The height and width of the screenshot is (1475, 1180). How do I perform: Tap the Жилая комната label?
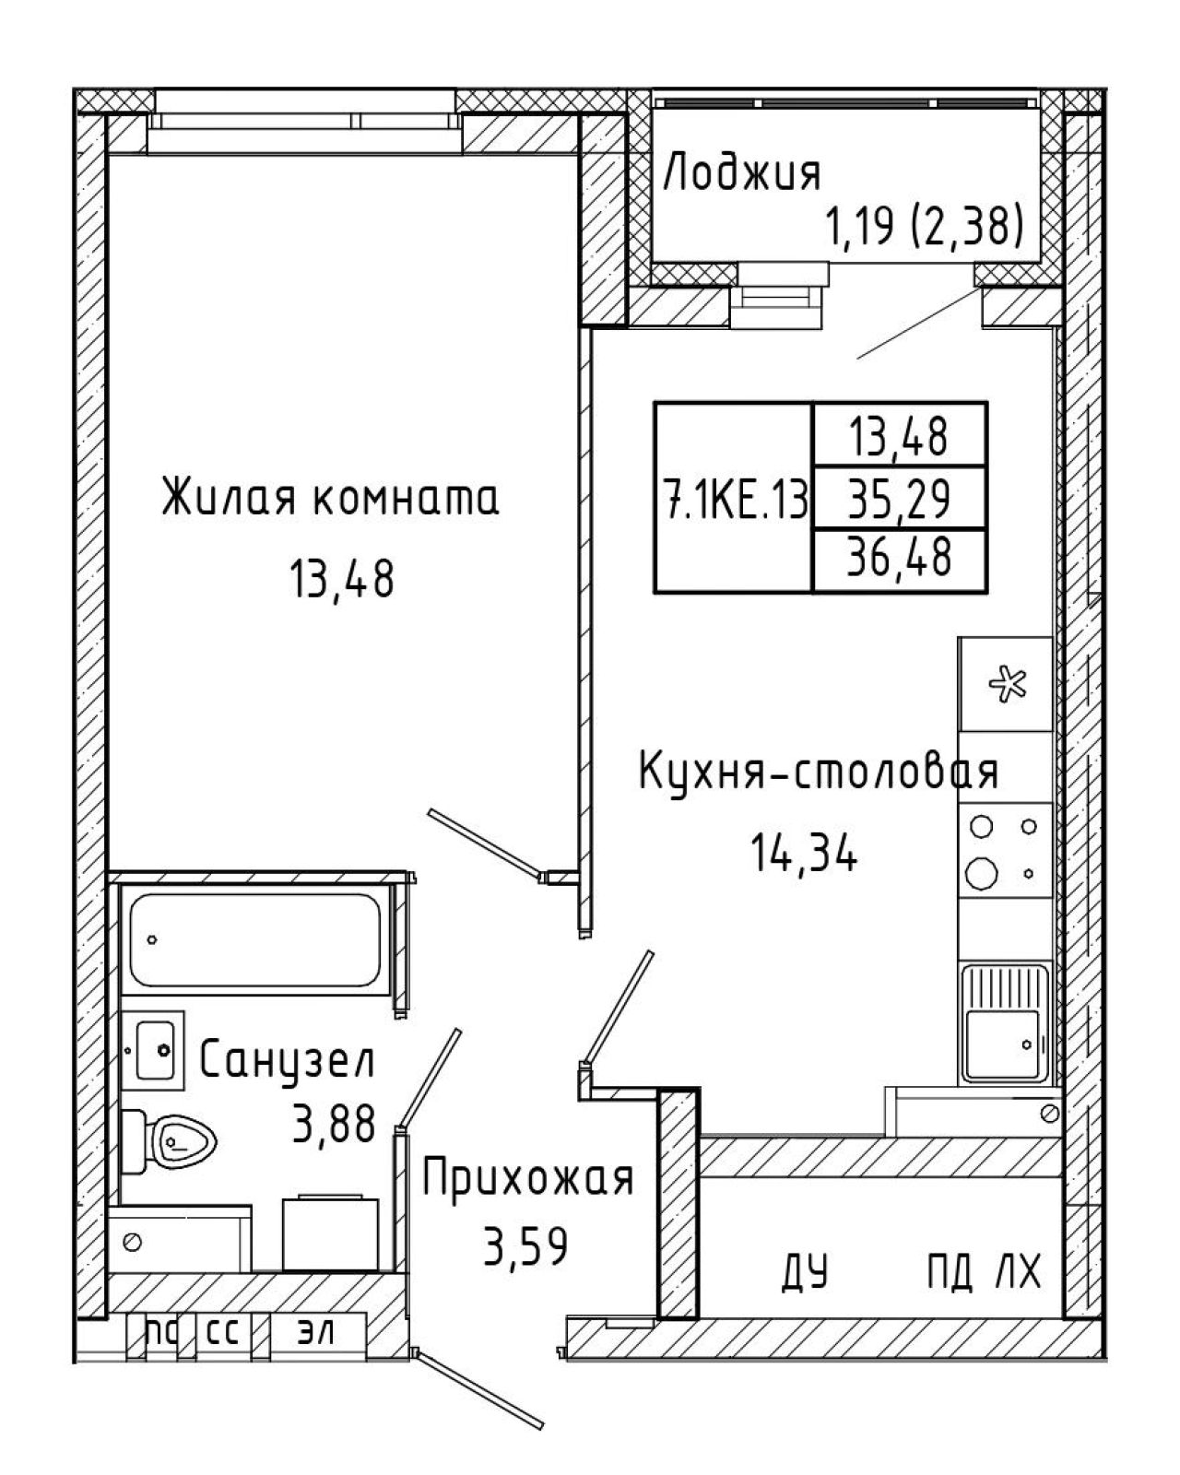(x=330, y=499)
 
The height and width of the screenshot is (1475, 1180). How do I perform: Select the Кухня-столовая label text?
(x=818, y=772)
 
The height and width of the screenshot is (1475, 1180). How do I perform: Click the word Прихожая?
(x=527, y=1179)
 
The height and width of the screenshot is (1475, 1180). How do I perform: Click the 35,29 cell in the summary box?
(x=899, y=499)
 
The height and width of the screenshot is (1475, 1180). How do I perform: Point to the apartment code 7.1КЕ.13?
(x=734, y=500)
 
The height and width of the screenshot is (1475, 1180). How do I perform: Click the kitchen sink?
(x=1005, y=1024)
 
